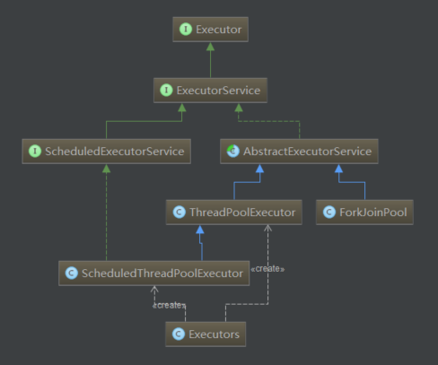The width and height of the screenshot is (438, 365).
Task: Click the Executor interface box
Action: pos(211,30)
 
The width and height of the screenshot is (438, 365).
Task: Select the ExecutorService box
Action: pos(211,90)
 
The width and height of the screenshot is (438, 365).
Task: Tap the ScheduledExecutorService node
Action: pos(106,152)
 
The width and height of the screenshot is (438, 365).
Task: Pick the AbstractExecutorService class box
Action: pos(299,152)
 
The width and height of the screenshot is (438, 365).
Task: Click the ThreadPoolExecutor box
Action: pos(234,213)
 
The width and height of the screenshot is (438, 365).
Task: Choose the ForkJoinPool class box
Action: pos(364,213)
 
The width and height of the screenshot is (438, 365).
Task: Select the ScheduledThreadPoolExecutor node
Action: pos(154,274)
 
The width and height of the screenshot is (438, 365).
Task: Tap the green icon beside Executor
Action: pos(185,30)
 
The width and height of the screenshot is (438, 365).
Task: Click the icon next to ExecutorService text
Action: pos(166,90)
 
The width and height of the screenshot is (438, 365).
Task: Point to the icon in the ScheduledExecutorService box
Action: pos(34,152)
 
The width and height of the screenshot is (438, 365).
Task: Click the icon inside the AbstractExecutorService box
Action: pos(232,152)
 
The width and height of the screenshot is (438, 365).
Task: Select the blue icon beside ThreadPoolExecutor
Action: pos(179,213)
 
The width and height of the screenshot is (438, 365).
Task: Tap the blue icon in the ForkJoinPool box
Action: pos(329,213)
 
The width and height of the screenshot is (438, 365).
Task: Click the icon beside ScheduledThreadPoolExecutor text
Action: pos(71,274)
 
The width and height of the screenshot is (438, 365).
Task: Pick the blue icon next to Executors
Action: pos(179,335)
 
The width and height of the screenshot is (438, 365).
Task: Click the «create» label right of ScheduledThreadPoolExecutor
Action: pos(269,268)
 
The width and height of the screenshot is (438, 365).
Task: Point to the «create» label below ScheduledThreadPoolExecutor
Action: pos(169,305)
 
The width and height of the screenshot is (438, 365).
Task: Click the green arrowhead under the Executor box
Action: pos(211,48)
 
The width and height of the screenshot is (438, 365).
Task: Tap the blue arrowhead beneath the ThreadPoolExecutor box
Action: pos(202,230)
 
